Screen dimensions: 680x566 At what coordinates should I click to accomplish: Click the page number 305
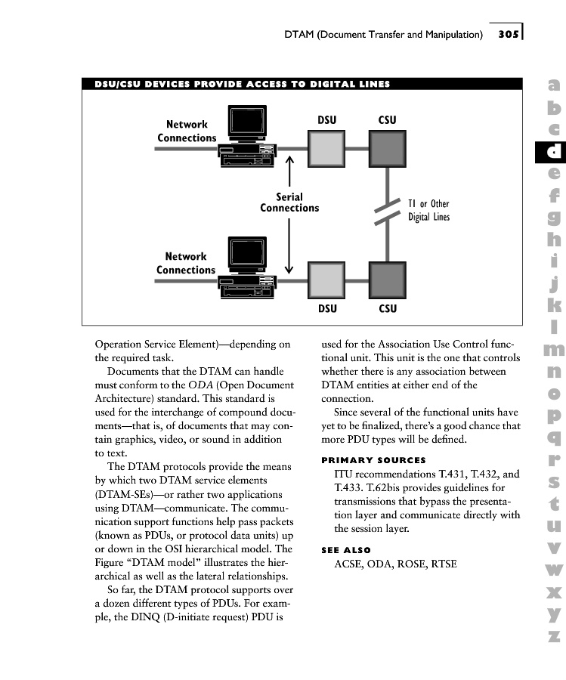[x=508, y=34]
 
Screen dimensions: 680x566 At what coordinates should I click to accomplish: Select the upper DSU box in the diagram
[x=326, y=148]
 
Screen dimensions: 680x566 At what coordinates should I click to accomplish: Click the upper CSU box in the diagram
[x=387, y=148]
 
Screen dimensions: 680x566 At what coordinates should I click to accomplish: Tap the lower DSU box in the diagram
[x=326, y=280]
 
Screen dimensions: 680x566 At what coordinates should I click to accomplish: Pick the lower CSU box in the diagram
[x=387, y=280]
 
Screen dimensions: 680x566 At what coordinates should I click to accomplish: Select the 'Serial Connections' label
[x=289, y=202]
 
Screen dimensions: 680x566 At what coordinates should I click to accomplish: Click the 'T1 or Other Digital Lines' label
[x=428, y=210]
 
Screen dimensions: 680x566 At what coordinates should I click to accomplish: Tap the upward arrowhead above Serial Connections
[x=289, y=161]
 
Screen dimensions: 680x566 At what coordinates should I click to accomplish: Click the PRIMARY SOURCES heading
[x=373, y=460]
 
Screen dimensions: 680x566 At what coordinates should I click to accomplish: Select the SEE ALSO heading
[x=346, y=550]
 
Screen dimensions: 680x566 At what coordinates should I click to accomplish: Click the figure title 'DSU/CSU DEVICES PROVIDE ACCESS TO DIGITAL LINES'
[x=242, y=84]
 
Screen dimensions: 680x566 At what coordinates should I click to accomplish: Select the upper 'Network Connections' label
[x=187, y=131]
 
